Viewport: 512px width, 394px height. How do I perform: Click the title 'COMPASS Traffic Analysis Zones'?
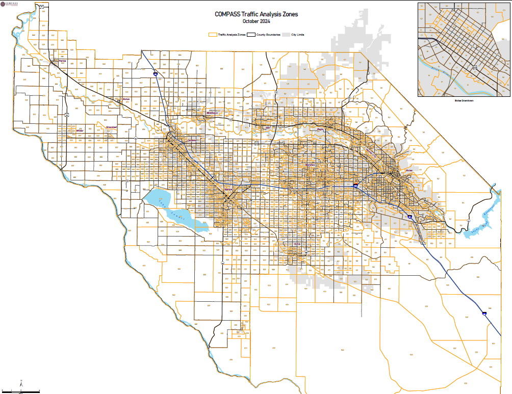point(256,15)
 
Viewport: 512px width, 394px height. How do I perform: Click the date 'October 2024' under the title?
point(256,21)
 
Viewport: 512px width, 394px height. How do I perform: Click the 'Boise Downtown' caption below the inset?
point(464,100)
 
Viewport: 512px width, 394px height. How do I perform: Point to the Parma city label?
point(63,61)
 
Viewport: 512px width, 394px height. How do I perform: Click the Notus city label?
point(126,99)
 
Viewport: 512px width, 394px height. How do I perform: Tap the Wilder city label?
point(80,130)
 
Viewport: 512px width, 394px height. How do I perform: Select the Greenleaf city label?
point(111,127)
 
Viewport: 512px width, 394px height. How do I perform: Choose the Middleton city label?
point(212,112)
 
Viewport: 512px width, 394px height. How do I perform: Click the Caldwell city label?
point(192,140)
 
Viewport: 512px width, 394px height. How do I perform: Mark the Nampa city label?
point(228,190)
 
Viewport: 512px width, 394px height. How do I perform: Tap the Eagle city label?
point(321,129)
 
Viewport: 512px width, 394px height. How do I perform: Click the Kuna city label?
point(297,244)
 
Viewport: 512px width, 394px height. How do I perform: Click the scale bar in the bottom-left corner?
point(20,391)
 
